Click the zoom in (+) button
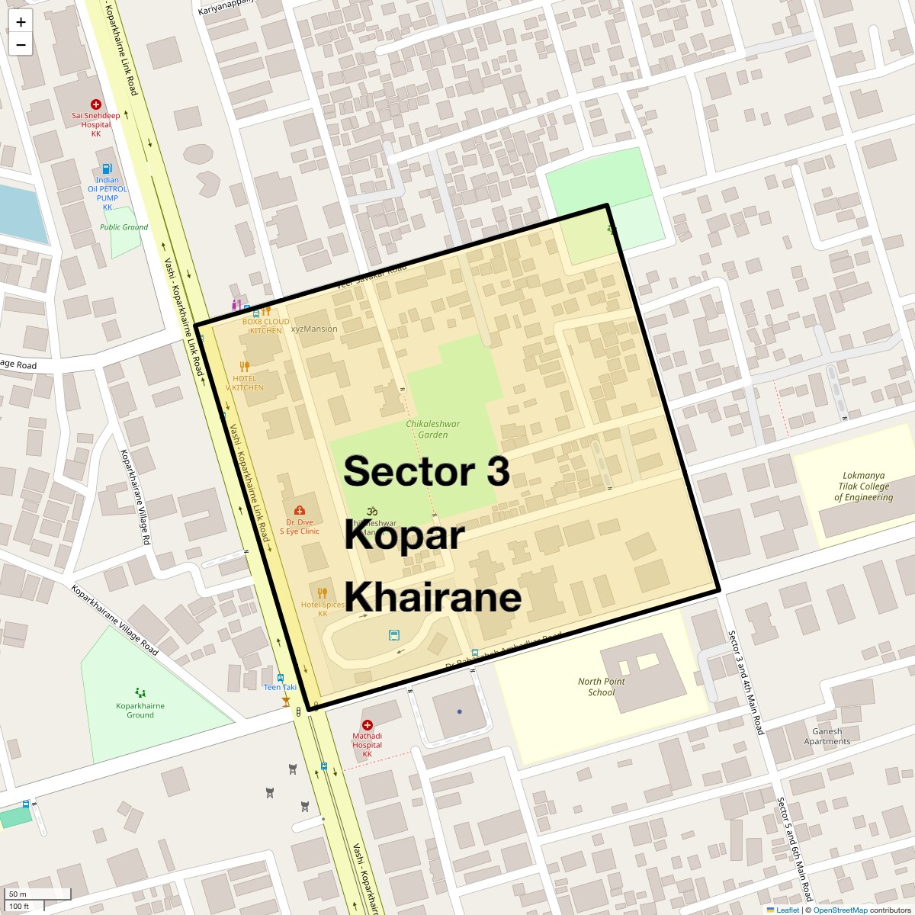(x=21, y=22)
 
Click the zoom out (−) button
(x=21, y=44)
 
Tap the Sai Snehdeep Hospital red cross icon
(x=96, y=104)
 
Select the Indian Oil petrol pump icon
(x=108, y=169)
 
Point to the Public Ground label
(x=124, y=227)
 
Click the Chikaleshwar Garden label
(x=432, y=429)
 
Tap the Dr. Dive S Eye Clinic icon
(x=300, y=510)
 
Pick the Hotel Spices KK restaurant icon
(x=323, y=592)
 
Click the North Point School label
(x=601, y=687)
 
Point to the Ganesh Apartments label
(x=827, y=736)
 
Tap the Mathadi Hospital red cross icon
(x=368, y=725)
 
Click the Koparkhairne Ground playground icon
(x=140, y=692)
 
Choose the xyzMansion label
(x=314, y=329)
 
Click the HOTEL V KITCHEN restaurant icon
(x=245, y=367)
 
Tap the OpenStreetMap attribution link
(x=840, y=910)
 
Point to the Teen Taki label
(x=280, y=687)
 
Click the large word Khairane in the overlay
(x=432, y=596)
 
